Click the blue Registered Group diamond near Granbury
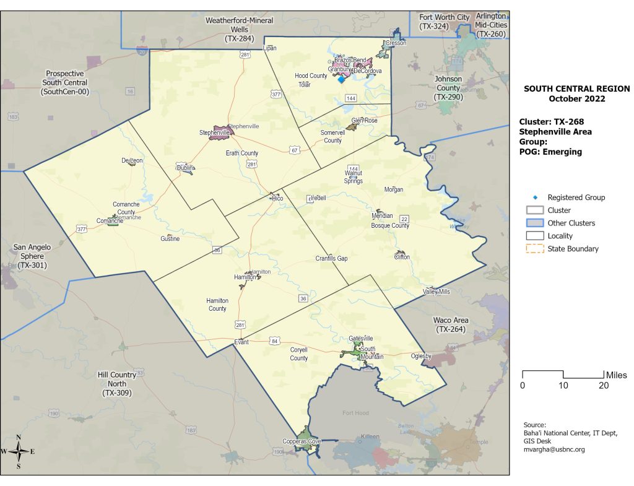pyautogui.click(x=341, y=79)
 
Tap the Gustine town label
pyautogui.click(x=170, y=239)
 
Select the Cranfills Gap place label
pyautogui.click(x=331, y=258)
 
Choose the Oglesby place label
pyautogui.click(x=421, y=356)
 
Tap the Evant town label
pyautogui.click(x=241, y=342)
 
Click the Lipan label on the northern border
pyautogui.click(x=269, y=48)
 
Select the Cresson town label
pyautogui.click(x=394, y=43)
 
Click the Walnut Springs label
pyautogui.click(x=354, y=177)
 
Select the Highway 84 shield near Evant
pyautogui.click(x=274, y=341)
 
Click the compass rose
pyautogui.click(x=19, y=451)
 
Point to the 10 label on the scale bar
pyautogui.click(x=563, y=385)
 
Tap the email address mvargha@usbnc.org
pyautogui.click(x=554, y=449)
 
